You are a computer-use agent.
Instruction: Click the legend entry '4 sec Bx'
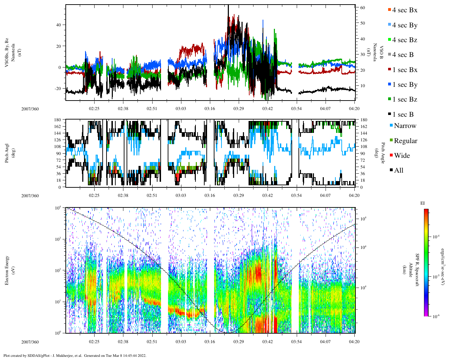(404, 10)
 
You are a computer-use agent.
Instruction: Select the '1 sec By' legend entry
(404, 85)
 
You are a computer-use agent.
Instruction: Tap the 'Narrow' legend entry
(405, 126)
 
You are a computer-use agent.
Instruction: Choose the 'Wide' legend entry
(401, 156)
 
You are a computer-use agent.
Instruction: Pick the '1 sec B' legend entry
(403, 115)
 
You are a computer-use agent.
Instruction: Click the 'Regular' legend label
(405, 141)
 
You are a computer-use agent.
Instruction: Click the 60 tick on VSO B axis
(362, 8)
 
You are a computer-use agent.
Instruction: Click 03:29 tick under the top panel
(238, 109)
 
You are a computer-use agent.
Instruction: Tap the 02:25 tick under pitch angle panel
(94, 195)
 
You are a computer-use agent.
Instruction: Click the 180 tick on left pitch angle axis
(58, 120)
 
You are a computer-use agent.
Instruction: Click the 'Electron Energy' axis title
(7, 270)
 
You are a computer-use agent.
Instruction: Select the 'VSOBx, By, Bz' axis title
(7, 53)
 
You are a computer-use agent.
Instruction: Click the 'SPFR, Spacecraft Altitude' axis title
(414, 270)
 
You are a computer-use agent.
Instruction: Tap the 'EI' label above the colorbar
(423, 203)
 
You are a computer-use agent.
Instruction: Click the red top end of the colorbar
(426, 211)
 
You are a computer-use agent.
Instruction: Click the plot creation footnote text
(75, 355)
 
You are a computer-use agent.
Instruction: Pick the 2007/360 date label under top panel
(30, 109)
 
